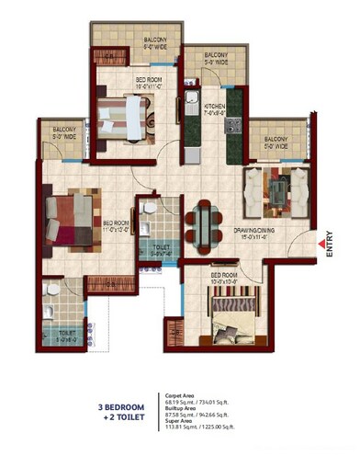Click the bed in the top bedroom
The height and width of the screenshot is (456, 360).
pos(124,116)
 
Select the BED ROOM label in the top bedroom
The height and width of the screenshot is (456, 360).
pos(149,81)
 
